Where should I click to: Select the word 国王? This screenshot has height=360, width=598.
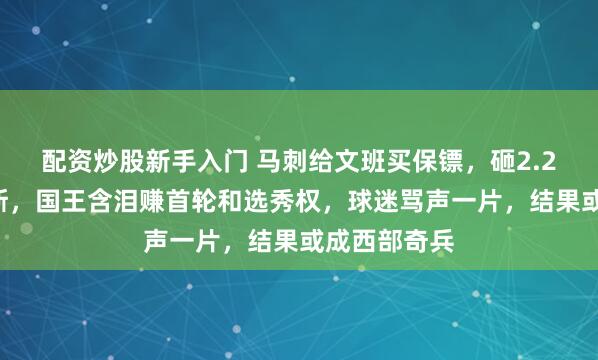click(x=68, y=200)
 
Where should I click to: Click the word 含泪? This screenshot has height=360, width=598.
click(x=118, y=200)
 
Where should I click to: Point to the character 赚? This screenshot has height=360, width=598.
click(x=155, y=200)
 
